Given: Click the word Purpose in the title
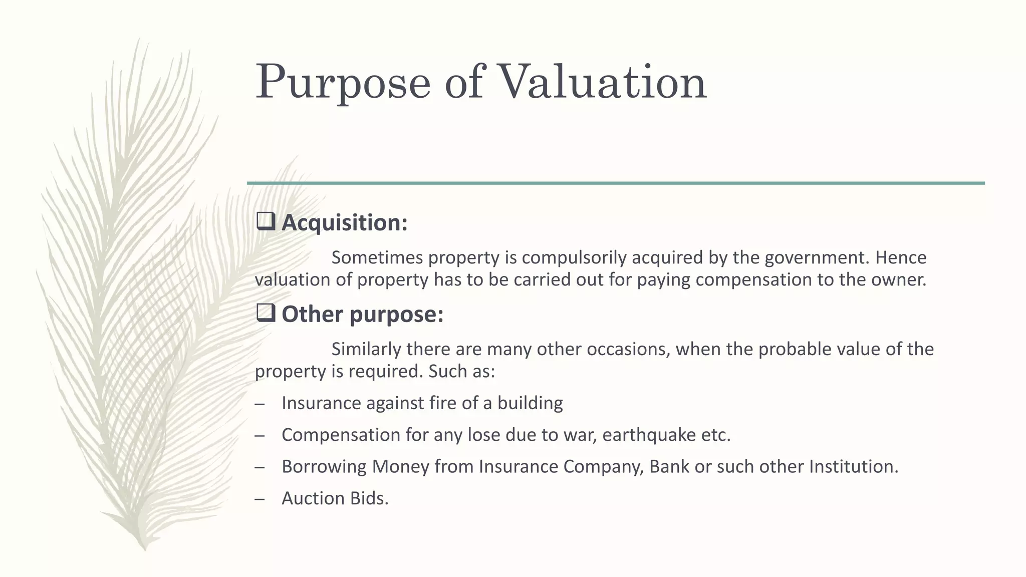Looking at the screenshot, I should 343,83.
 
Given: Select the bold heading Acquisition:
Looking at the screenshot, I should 345,223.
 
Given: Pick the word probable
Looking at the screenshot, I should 792,349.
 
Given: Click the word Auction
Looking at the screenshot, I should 313,498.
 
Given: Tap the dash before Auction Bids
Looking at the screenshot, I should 260,499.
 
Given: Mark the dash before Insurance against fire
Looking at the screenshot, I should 260,404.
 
